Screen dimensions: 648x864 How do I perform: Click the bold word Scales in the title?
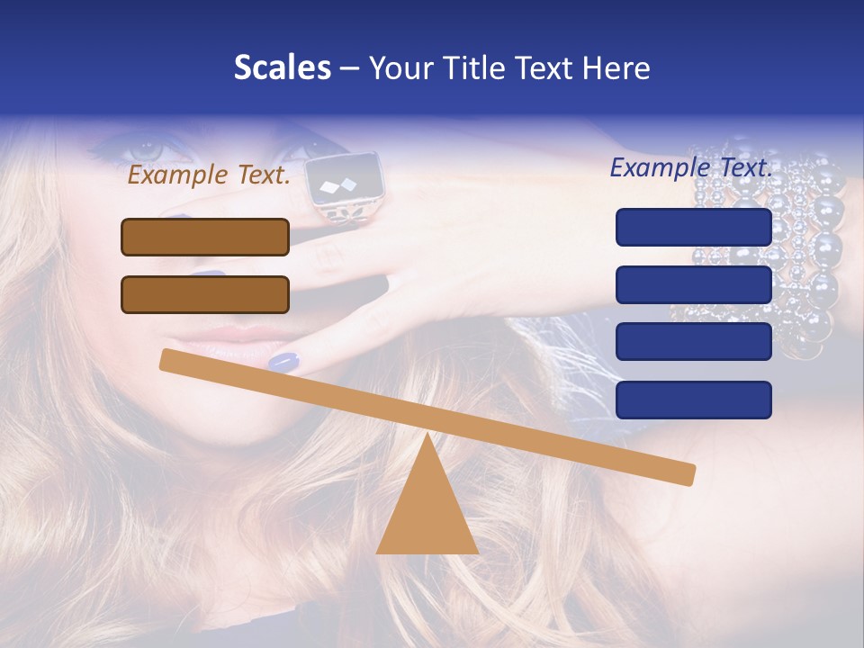click(283, 68)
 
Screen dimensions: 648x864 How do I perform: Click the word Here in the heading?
click(615, 68)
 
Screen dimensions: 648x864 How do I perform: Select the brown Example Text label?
click(209, 175)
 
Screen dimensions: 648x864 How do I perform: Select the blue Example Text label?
click(691, 167)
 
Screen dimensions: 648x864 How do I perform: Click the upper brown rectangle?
click(205, 237)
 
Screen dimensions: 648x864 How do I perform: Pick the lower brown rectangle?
click(205, 294)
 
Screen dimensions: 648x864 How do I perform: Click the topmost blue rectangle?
click(694, 227)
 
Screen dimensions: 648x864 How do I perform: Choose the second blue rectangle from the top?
click(694, 284)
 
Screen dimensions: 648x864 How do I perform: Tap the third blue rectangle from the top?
click(694, 342)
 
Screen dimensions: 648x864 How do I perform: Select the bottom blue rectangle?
click(694, 400)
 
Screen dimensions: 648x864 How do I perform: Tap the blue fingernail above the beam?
click(283, 362)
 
